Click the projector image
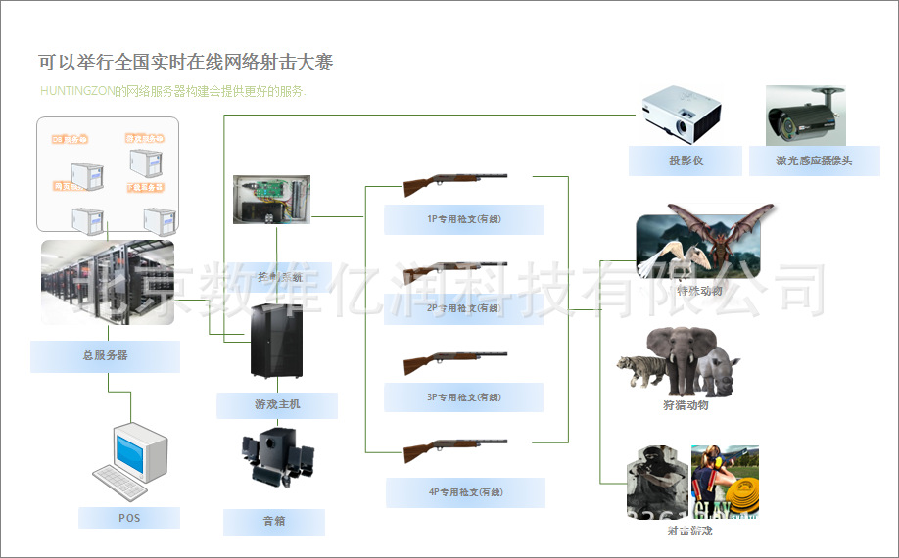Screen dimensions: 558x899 click(x=681, y=114)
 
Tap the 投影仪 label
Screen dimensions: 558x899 click(x=686, y=161)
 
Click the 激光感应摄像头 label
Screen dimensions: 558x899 click(x=814, y=161)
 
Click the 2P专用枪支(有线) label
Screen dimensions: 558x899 click(x=464, y=308)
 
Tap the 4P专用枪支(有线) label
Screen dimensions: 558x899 click(x=464, y=492)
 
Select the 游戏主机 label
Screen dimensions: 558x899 click(x=277, y=404)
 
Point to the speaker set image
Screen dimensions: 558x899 click(x=277, y=457)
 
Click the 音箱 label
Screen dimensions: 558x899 click(x=274, y=522)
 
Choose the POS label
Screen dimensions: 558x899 click(x=129, y=518)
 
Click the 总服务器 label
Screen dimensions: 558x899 click(x=105, y=355)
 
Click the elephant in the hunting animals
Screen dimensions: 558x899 click(x=686, y=353)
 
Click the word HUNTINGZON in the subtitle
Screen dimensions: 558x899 click(x=76, y=92)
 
